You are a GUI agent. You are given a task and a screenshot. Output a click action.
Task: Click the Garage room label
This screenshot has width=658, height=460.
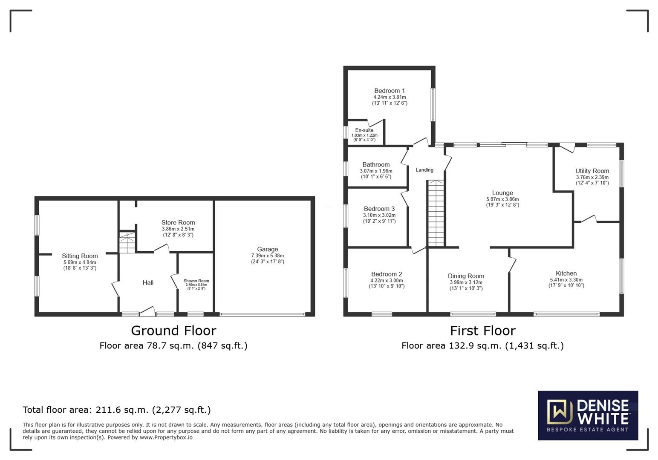coord(267,249)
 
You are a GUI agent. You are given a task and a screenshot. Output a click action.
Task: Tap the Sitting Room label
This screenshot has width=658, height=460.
coord(80,256)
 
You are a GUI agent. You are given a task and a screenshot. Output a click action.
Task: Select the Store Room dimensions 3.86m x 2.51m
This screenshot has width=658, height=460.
coord(178,229)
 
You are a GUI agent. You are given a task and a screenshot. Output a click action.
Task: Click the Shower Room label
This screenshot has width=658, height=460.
coord(196,281)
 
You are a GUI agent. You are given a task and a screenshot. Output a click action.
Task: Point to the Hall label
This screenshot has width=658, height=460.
coord(148,282)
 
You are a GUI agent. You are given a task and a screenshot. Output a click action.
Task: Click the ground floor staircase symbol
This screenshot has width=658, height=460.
coord(127,243)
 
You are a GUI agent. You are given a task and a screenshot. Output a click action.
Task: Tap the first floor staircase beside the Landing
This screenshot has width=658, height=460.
coord(436,213)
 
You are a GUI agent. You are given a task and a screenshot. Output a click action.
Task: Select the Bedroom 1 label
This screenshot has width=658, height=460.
coord(390,91)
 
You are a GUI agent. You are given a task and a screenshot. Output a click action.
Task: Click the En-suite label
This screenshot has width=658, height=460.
coord(364,130)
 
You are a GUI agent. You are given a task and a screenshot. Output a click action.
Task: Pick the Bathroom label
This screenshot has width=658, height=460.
coord(376,164)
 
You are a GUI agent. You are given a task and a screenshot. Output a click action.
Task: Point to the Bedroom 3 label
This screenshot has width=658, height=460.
coord(379,209)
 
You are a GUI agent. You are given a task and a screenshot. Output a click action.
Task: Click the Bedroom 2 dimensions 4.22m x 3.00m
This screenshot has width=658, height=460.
coord(386,281)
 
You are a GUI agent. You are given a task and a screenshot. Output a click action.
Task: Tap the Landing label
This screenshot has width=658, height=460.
coord(424,170)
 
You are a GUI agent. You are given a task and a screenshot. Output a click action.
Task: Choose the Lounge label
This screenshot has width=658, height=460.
coord(502,193)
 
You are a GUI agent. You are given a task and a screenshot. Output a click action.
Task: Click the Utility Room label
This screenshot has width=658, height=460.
coord(592,171)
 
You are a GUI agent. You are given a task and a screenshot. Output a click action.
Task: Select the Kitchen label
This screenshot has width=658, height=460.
coord(566,273)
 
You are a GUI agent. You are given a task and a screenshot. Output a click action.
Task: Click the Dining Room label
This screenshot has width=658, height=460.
coord(466,276)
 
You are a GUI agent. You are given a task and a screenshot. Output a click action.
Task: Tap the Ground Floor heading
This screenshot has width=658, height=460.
coord(173,331)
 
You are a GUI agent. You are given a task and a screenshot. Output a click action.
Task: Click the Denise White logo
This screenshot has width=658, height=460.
coord(588,415)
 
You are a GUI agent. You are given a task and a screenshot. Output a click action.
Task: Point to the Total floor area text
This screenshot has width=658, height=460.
coord(116,410)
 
